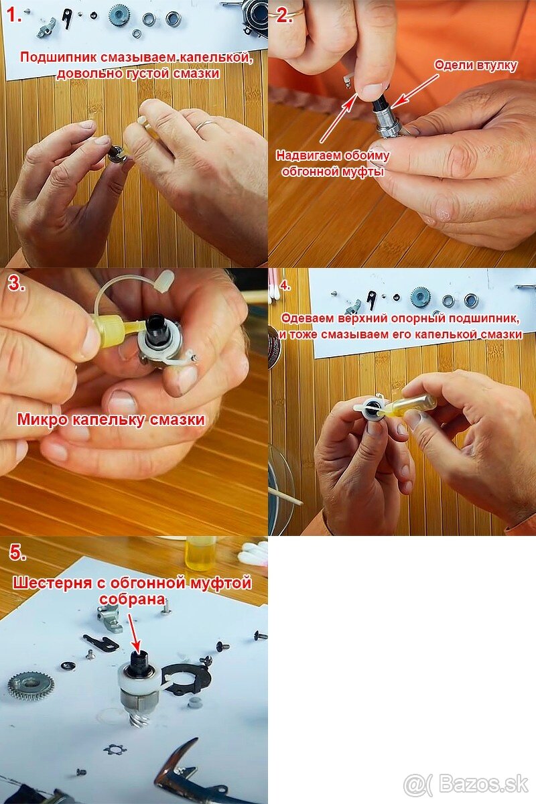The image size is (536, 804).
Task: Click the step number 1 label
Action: [x=15, y=15]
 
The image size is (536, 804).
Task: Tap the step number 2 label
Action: [x=283, y=15]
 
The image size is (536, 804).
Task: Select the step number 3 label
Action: [x=17, y=283]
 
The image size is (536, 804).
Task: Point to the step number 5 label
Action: [x=17, y=552]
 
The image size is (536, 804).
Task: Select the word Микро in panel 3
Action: [x=42, y=419]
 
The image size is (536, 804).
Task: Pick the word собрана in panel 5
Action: [x=132, y=599]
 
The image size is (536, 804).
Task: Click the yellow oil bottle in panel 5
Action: [x=200, y=553]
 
